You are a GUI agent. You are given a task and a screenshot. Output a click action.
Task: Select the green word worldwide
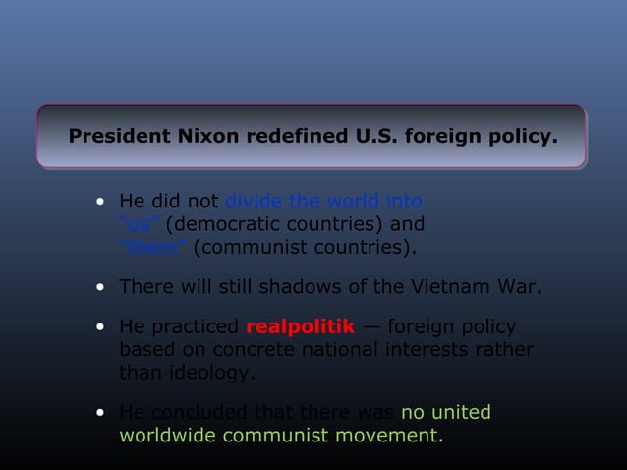coord(167,435)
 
